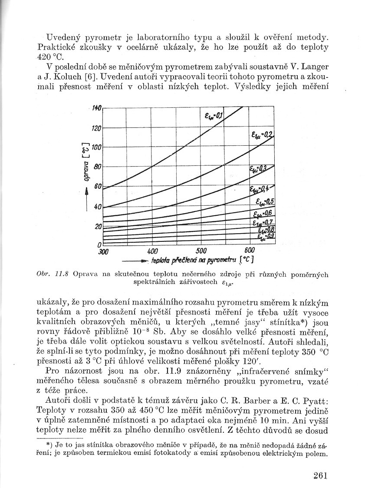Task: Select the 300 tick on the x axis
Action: [x=104, y=251]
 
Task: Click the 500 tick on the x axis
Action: [x=201, y=251]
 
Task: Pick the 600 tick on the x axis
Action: [x=250, y=251]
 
